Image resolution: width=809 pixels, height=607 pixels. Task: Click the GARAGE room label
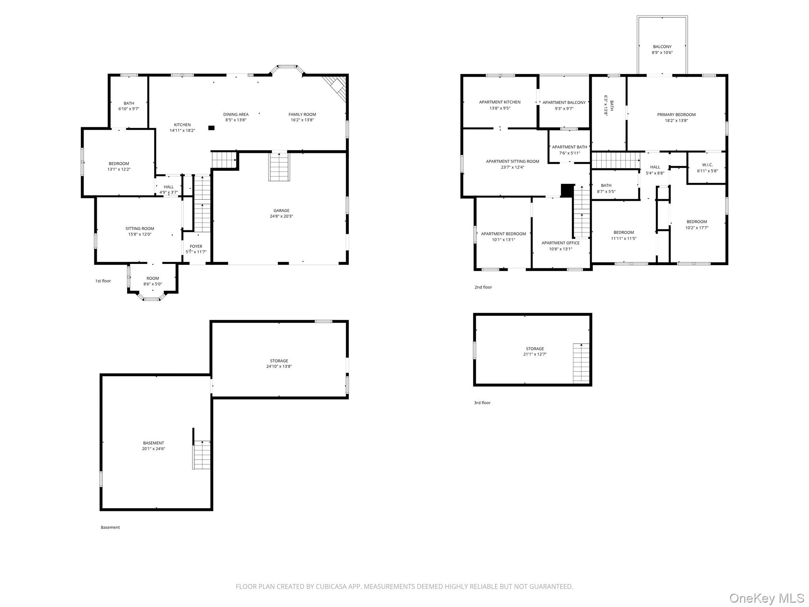click(281, 211)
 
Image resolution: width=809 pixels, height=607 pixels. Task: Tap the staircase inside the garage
click(279, 167)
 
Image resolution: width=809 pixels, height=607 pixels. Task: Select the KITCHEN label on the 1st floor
click(182, 125)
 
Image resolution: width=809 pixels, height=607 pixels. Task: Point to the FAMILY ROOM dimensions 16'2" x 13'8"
click(302, 120)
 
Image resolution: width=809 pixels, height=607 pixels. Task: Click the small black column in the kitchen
click(211, 128)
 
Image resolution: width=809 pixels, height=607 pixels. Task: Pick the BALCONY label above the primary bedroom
click(662, 47)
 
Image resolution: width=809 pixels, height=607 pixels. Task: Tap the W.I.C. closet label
click(707, 165)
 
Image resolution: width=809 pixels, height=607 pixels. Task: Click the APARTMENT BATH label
click(569, 147)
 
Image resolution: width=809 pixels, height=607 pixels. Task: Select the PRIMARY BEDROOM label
click(676, 115)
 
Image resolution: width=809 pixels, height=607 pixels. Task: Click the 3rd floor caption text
click(482, 403)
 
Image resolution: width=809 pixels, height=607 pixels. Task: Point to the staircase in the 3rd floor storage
click(581, 363)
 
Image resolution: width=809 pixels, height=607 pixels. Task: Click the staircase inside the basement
click(202, 454)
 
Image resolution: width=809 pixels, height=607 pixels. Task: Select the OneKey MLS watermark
click(766, 598)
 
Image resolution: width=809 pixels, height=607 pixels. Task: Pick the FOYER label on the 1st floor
click(196, 247)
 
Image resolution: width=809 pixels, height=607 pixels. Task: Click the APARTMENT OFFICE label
click(560, 243)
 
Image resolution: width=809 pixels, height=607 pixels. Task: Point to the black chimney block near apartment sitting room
click(567, 190)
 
